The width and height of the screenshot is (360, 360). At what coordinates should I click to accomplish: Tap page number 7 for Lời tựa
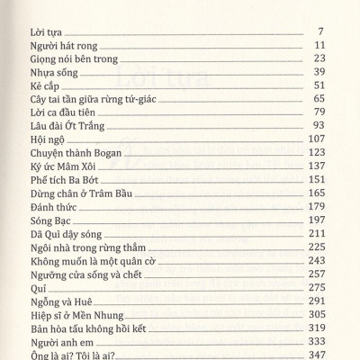[320, 31]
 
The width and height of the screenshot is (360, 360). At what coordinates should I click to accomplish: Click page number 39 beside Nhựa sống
[318, 72]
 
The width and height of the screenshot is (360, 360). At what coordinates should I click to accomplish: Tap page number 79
[318, 112]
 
